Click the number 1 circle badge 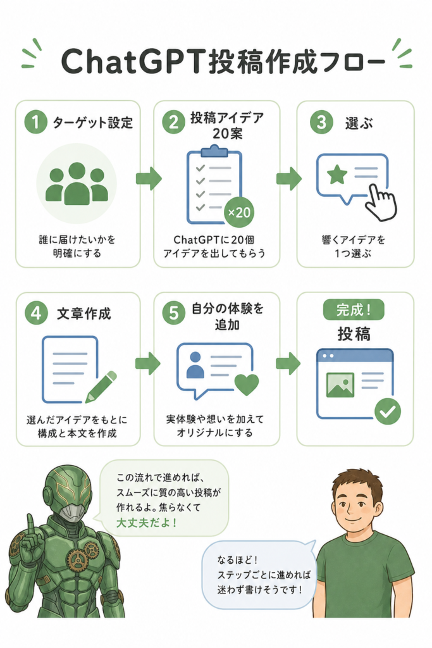[x=35, y=122]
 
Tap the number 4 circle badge [x=36, y=313]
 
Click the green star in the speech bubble [x=337, y=175]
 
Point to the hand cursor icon [x=381, y=203]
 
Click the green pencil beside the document [x=101, y=387]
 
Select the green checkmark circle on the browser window [x=388, y=411]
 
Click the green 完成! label [x=354, y=310]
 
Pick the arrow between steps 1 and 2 [x=149, y=178]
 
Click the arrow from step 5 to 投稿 [x=288, y=363]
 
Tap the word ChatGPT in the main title [x=133, y=61]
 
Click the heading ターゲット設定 [x=92, y=123]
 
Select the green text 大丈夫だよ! [x=147, y=522]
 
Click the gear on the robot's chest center [x=77, y=561]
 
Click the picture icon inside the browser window [x=340, y=385]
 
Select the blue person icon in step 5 [x=195, y=364]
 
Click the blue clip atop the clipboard [x=214, y=151]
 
